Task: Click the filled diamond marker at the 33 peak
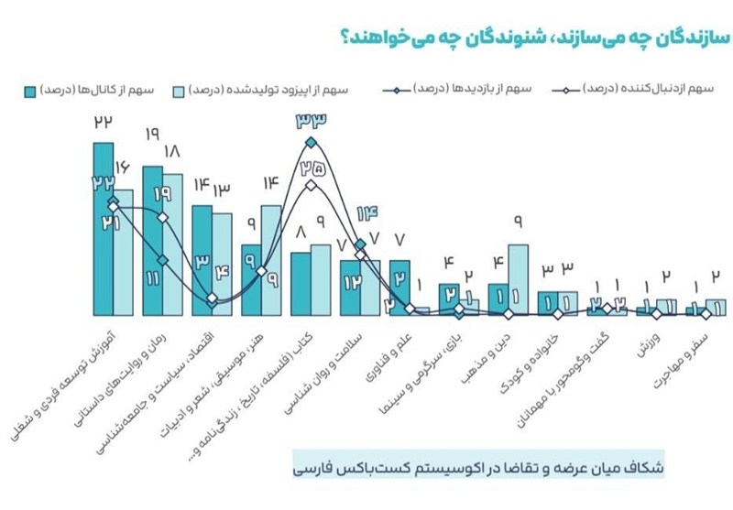(312, 143)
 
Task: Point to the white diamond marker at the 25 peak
(312, 186)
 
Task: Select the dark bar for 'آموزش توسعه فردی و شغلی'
(103, 229)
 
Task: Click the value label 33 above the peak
(312, 120)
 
